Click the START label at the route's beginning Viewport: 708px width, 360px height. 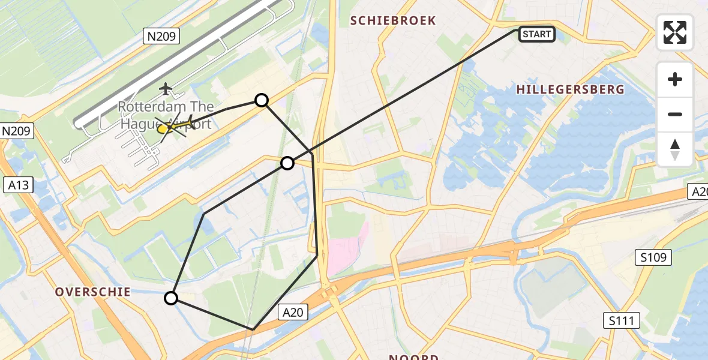tap(536, 34)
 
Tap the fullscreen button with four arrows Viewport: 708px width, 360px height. tap(675, 32)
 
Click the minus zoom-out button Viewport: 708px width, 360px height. tap(675, 114)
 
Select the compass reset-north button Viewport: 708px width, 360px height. tap(675, 149)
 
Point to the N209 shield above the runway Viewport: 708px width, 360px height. tap(161, 37)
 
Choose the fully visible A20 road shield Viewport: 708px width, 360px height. tap(293, 311)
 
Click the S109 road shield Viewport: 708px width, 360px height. tap(653, 258)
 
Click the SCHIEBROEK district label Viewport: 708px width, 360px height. tap(393, 20)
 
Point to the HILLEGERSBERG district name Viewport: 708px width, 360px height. tap(570, 89)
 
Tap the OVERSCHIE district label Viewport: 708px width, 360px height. tap(93, 292)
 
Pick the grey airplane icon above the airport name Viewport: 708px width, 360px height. tap(166, 89)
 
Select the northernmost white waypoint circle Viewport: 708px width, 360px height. tap(262, 100)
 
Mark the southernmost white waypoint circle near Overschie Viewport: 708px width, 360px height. tap(172, 298)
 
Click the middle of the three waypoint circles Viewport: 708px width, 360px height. tap(287, 163)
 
